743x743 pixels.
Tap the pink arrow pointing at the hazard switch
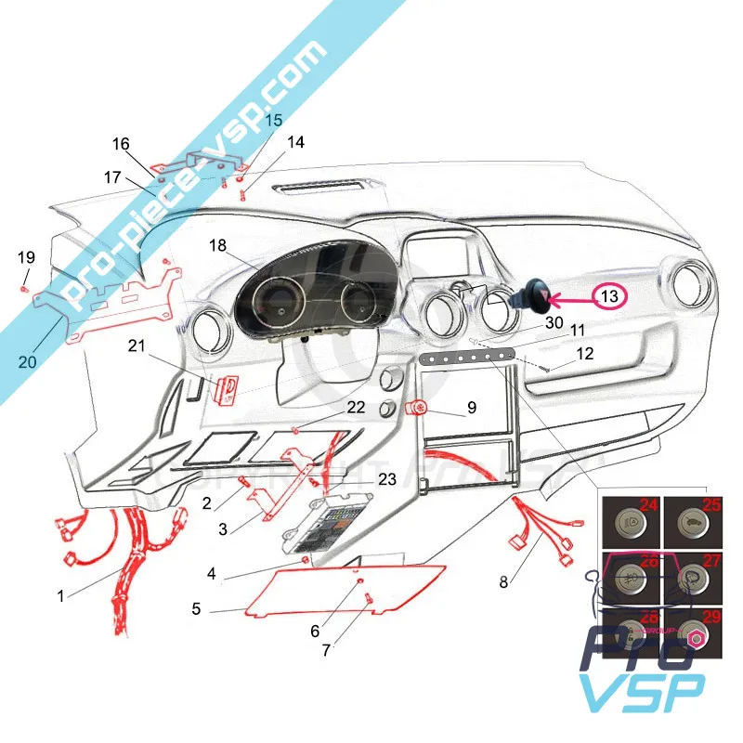(x=572, y=298)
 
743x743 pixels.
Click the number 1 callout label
(x=61, y=596)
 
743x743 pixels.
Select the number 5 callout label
(x=196, y=610)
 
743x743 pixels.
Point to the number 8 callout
(x=502, y=583)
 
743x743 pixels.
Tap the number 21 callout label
(x=137, y=345)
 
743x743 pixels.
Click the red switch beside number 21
(x=225, y=388)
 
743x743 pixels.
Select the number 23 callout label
(x=387, y=480)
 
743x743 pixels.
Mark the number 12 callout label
(x=583, y=353)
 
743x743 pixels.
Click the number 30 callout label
(x=554, y=323)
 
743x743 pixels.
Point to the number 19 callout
(x=26, y=256)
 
